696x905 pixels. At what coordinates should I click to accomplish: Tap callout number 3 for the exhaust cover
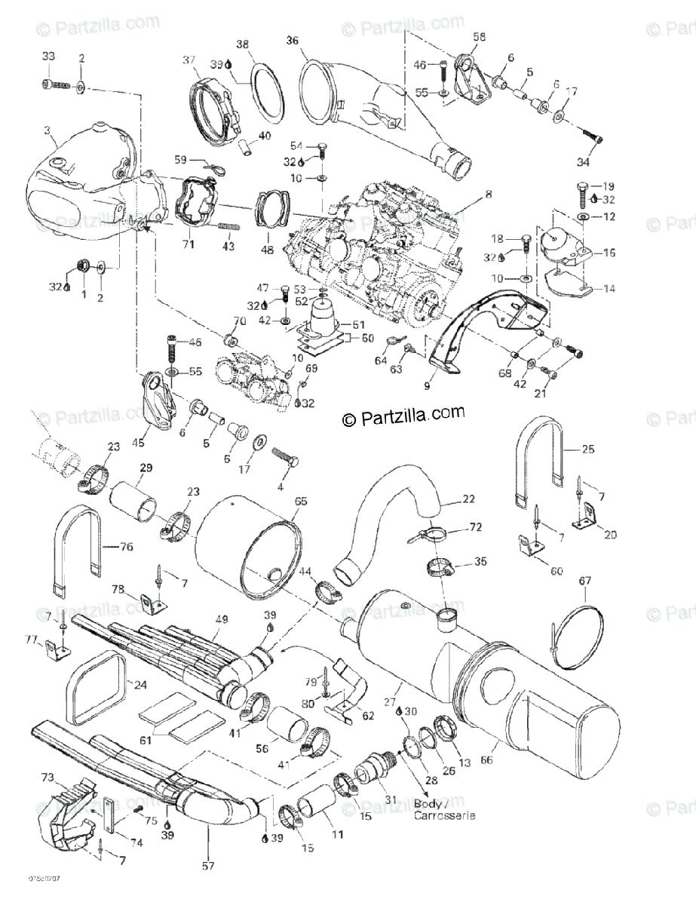pos(48,130)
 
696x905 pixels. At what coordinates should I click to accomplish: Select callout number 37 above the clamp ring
pos(189,60)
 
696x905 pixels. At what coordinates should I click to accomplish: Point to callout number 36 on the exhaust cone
pos(293,41)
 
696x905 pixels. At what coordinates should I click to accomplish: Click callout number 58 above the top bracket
pos(480,36)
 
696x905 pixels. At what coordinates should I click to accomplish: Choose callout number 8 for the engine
pos(488,195)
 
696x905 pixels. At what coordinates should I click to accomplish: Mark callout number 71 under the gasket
pos(188,245)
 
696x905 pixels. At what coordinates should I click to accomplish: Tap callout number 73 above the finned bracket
pos(48,775)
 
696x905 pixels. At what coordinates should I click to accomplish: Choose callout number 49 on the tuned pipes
pos(221,620)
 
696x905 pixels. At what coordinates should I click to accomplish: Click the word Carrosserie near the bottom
pos(445,816)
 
